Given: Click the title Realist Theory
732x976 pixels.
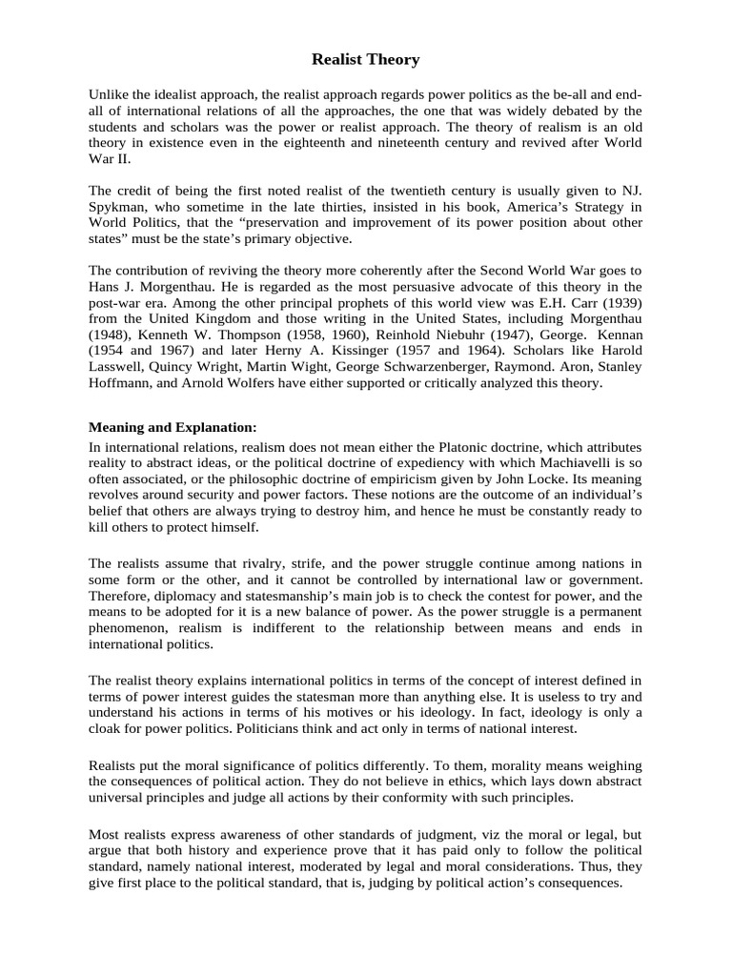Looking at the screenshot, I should pos(366,60).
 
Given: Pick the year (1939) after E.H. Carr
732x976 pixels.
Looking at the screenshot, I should pos(620,320).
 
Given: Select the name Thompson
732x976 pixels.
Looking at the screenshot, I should pos(286,351).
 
